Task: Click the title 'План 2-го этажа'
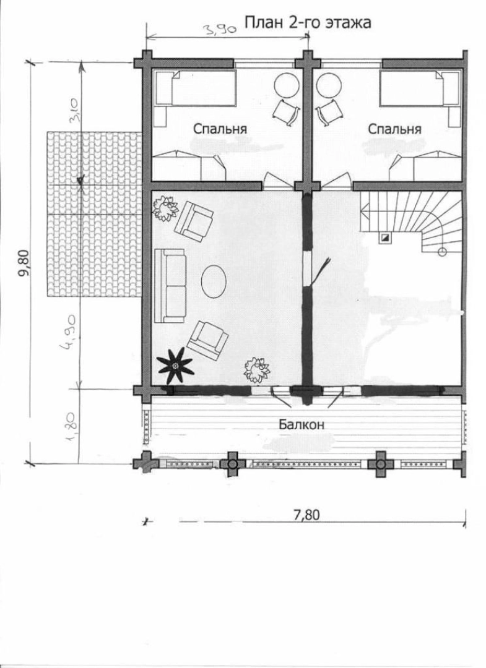(307, 23)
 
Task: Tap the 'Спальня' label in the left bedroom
(220, 129)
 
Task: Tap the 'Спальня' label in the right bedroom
(394, 129)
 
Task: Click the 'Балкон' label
(302, 424)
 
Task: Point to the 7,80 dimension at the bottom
(306, 515)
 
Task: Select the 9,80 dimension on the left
(24, 263)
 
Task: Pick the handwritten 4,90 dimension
(69, 332)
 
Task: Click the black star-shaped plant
(175, 366)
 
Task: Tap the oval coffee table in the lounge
(213, 281)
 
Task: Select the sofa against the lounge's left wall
(170, 286)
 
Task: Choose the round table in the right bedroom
(329, 85)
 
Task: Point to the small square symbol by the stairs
(384, 238)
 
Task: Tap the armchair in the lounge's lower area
(207, 340)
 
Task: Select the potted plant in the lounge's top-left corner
(165, 208)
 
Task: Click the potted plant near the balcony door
(256, 369)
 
